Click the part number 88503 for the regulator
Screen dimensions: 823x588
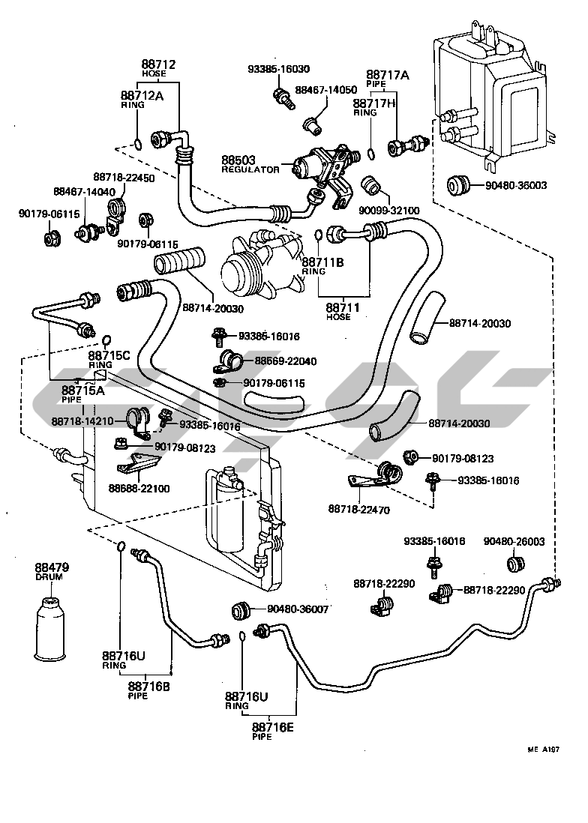coord(238,160)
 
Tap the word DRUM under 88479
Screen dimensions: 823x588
coord(49,577)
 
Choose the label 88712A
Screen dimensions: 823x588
coord(142,95)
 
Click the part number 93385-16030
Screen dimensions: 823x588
coord(278,69)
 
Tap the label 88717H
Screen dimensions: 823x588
coord(374,103)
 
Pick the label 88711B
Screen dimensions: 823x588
coord(323,262)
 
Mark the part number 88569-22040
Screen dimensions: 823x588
coord(286,361)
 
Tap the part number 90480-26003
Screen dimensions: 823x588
coord(514,541)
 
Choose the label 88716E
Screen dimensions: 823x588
coord(272,727)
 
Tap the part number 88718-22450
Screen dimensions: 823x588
coord(124,178)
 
